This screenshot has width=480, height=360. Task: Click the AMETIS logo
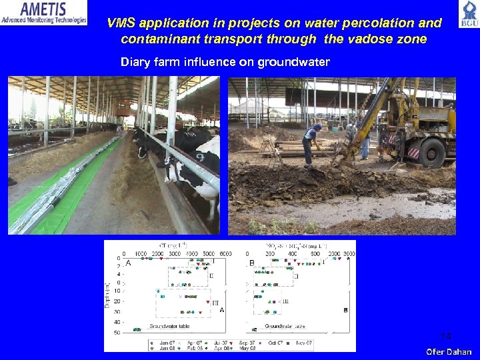(x=44, y=13)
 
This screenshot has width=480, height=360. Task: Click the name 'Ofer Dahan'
(x=449, y=351)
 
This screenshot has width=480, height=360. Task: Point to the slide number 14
(x=446, y=335)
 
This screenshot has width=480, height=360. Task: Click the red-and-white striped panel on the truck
(x=413, y=153)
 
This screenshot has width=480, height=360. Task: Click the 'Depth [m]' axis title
(x=107, y=294)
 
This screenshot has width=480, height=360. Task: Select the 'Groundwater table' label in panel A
(x=169, y=326)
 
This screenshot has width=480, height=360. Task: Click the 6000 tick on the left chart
(x=225, y=253)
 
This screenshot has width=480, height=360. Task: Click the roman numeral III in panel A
(x=215, y=303)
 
